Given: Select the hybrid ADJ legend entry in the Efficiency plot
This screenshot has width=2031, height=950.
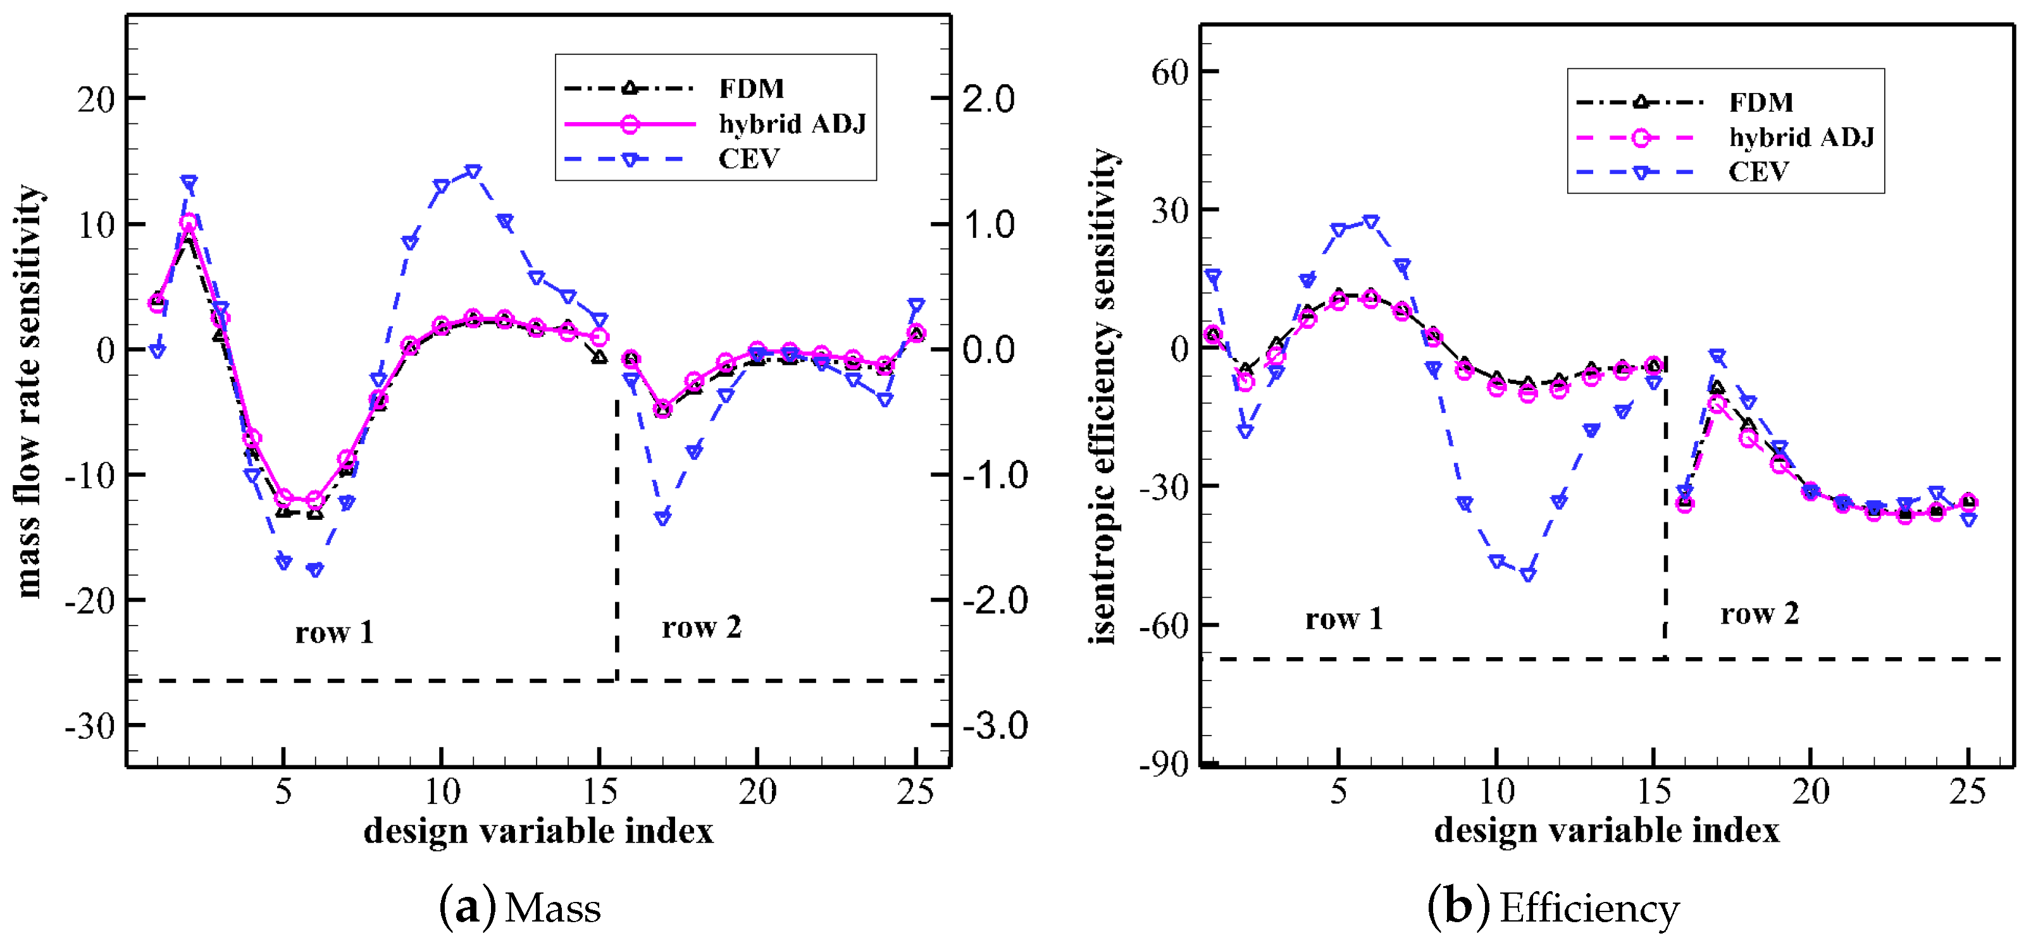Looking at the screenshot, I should (1801, 137).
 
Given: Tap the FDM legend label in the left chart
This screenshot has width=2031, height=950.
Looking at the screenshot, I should (750, 89).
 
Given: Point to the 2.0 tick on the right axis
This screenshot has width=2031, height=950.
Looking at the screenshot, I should (988, 99).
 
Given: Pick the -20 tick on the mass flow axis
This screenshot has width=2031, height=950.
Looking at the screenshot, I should (89, 601).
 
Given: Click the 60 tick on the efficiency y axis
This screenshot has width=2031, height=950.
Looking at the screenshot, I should (1169, 73).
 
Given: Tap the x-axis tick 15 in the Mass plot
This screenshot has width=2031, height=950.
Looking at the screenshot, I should (599, 791).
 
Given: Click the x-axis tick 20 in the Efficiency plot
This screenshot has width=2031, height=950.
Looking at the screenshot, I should (1810, 791).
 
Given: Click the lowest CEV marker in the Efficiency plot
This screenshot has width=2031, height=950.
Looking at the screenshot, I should (1528, 575).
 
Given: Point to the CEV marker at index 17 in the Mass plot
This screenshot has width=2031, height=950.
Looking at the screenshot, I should (662, 518).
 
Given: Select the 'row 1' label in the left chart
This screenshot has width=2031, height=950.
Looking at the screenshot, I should (334, 632).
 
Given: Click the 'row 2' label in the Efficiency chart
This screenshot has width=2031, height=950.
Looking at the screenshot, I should (1759, 614).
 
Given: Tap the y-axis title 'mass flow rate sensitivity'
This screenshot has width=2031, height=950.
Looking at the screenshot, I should (28, 392).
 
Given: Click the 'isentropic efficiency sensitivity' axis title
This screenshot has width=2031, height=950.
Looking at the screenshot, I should (1104, 397).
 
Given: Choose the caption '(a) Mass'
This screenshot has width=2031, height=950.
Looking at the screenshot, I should (519, 908).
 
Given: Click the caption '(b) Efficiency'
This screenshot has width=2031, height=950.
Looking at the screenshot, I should (1553, 908).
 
